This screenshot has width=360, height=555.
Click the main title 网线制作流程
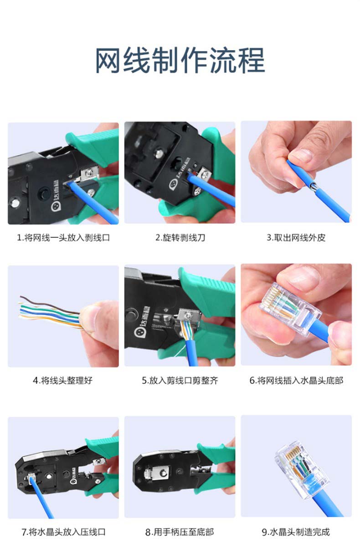point(180,61)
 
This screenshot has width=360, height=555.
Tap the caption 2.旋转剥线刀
point(180,238)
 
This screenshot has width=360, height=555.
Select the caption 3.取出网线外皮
point(296,238)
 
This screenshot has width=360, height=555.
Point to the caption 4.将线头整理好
point(63,380)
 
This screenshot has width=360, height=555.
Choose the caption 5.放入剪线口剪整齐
point(180,380)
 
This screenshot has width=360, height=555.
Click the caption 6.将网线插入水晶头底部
point(296,380)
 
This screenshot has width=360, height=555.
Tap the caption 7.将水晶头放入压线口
point(63,532)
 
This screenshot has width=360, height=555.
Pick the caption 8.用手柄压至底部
point(180,532)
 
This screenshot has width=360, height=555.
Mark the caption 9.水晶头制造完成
point(296,532)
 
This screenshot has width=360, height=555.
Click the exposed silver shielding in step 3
point(313,186)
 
